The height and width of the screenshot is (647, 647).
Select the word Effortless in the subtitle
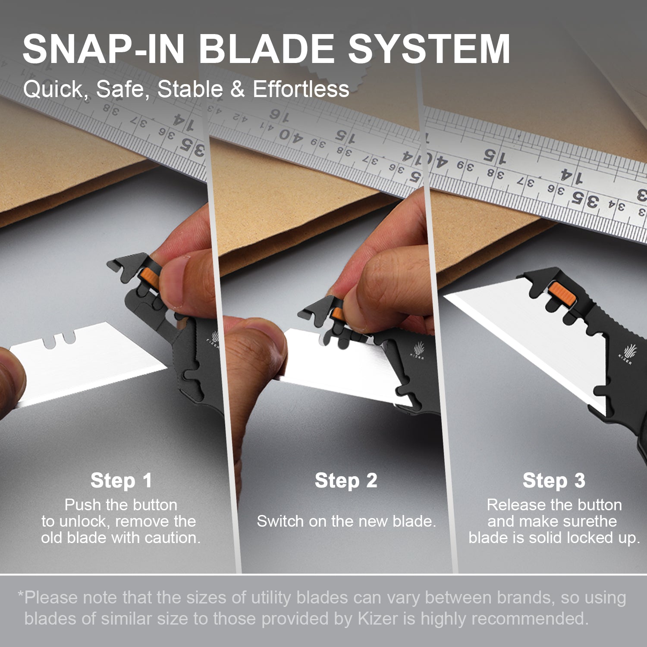(x=301, y=89)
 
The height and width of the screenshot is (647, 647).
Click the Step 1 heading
(x=121, y=481)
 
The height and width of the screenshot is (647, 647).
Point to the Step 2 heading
(x=346, y=481)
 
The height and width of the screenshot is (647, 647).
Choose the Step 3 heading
(x=554, y=481)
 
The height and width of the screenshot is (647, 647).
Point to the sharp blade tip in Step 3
(x=449, y=297)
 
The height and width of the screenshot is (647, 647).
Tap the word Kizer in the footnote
(x=378, y=619)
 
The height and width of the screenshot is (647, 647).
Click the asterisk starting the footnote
(x=20, y=595)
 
